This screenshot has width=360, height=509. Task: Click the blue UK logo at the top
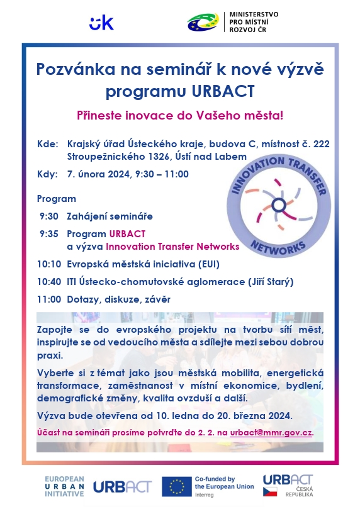(101, 23)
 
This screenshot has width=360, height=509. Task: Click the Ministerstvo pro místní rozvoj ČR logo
(232, 23)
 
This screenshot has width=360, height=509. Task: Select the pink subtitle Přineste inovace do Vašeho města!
(180, 115)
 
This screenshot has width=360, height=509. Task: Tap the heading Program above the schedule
(56, 199)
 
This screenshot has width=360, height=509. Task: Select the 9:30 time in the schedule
(47, 216)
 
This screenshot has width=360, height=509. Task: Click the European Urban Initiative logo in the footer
(64, 486)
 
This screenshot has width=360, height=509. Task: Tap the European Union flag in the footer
(177, 486)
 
